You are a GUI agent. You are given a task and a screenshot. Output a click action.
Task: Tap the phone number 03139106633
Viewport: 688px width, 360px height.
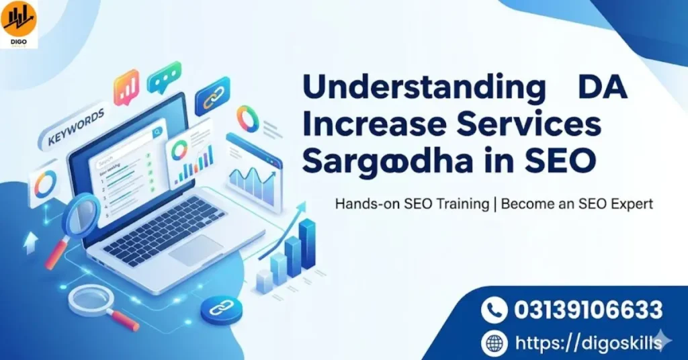(x=589, y=310)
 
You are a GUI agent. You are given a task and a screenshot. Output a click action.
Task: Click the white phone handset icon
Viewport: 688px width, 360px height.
(x=494, y=310)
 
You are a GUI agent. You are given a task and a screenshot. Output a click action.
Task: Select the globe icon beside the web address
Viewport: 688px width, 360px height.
(x=494, y=343)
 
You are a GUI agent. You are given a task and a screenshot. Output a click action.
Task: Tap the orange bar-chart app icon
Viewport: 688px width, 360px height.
(x=126, y=88)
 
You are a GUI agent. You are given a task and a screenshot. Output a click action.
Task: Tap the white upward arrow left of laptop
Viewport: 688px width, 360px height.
(x=30, y=244)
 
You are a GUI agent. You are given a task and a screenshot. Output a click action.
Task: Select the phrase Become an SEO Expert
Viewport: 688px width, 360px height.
(x=576, y=204)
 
